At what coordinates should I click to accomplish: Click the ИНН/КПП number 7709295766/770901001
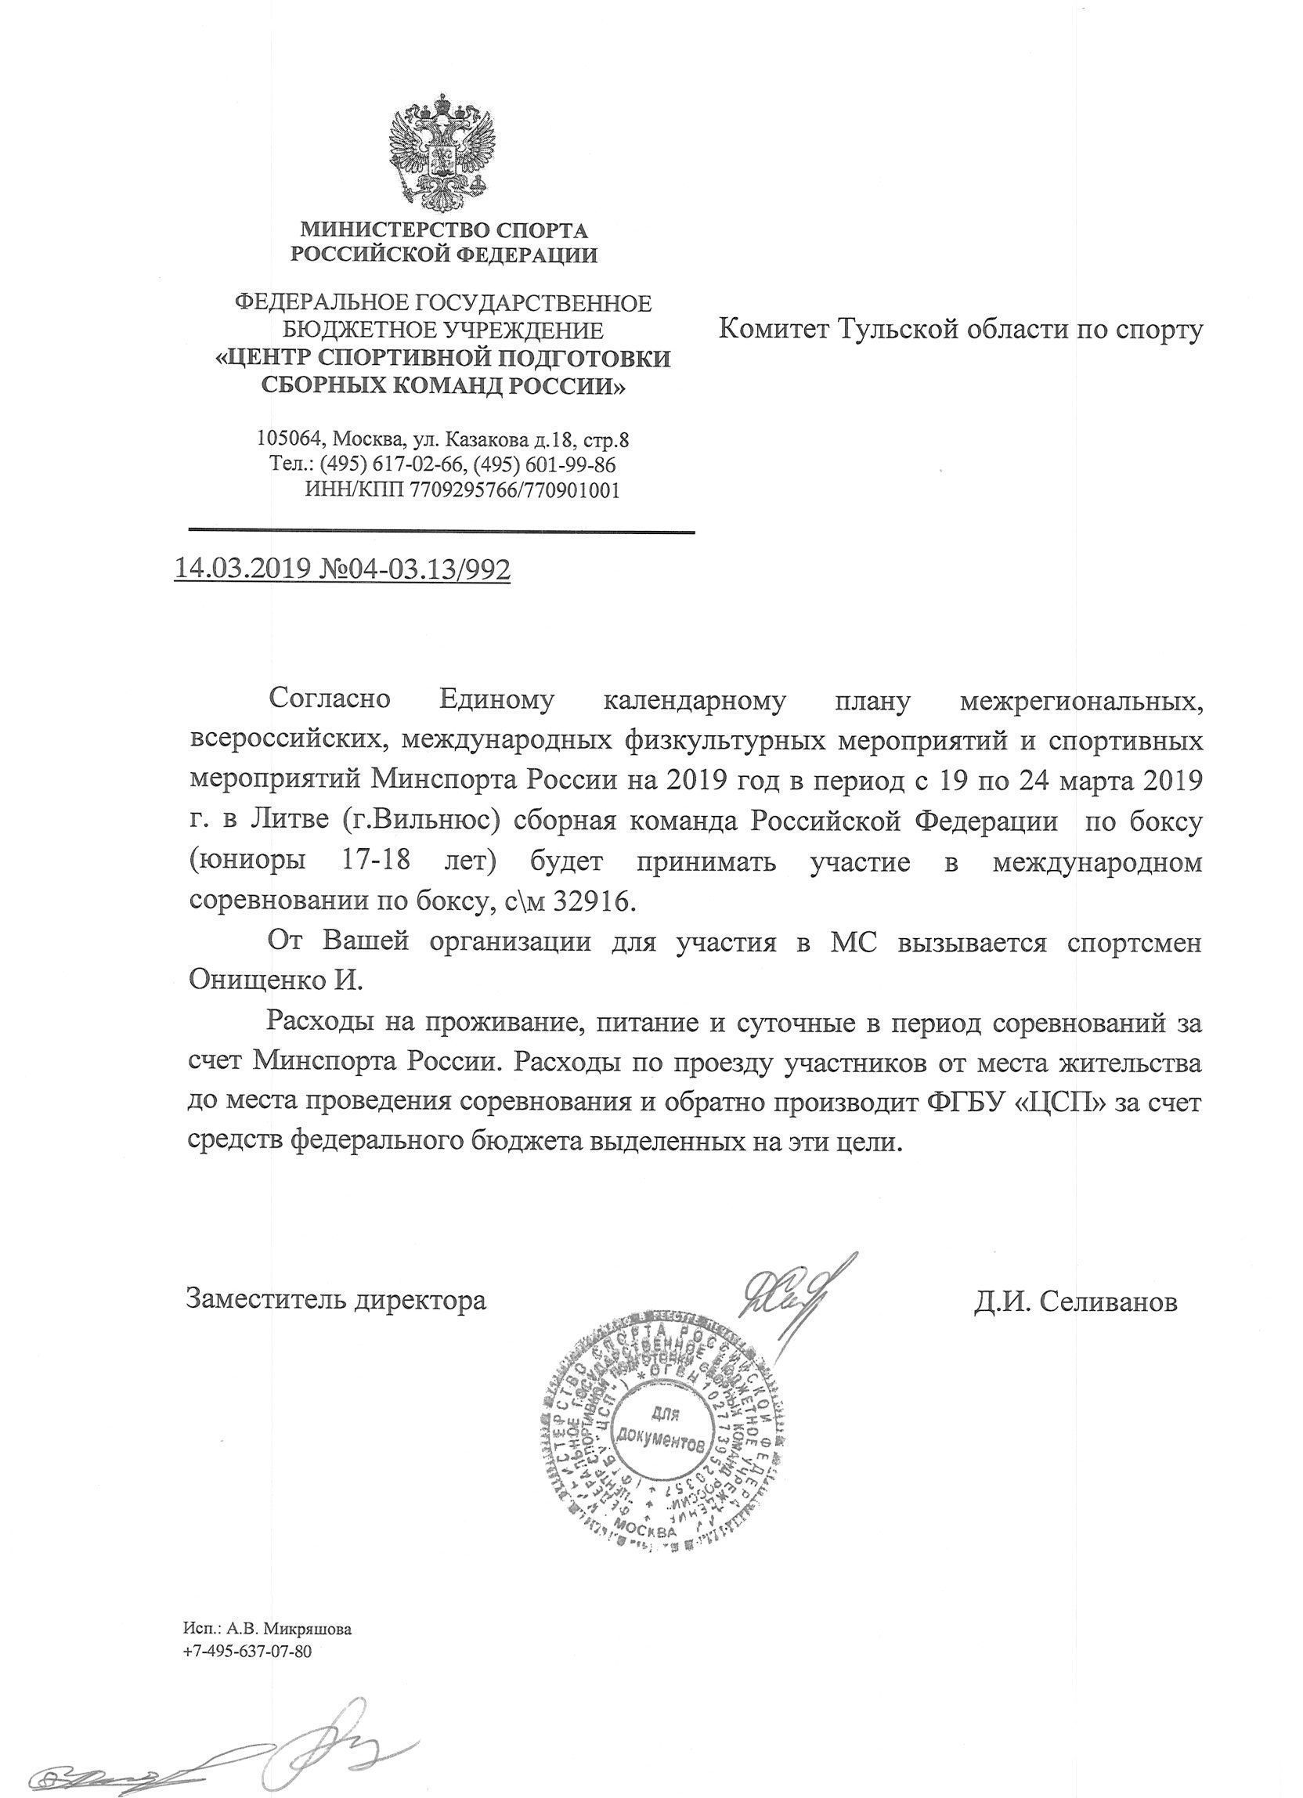pos(514,490)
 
